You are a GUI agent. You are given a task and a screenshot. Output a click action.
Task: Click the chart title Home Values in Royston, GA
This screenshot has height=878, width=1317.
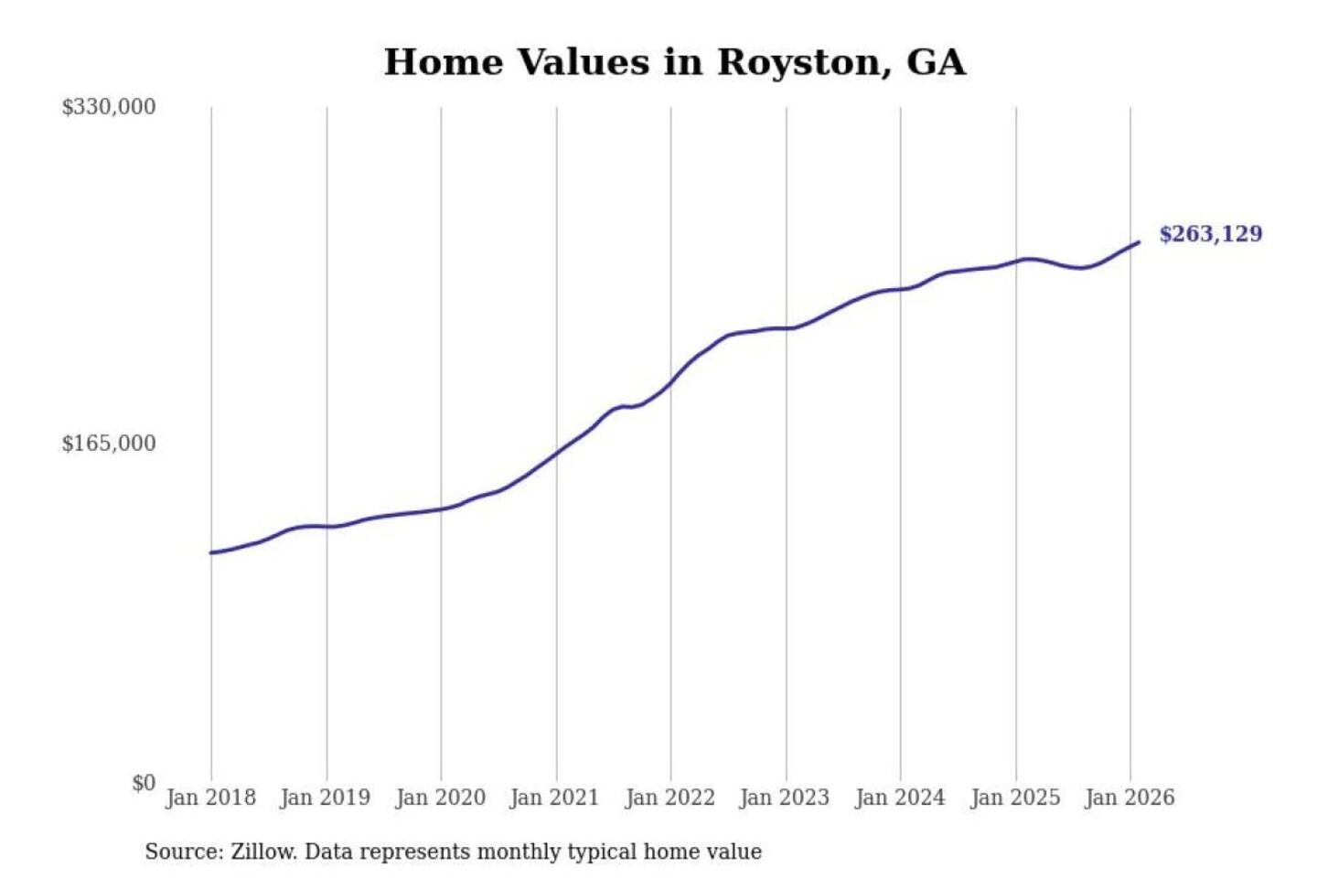pyautogui.click(x=674, y=62)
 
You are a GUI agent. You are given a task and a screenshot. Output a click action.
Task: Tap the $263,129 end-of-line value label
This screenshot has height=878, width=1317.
pyautogui.click(x=1210, y=234)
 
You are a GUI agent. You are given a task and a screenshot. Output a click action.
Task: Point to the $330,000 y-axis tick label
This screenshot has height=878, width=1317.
pyautogui.click(x=109, y=107)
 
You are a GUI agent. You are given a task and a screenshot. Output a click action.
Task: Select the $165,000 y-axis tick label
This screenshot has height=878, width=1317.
pyautogui.click(x=109, y=444)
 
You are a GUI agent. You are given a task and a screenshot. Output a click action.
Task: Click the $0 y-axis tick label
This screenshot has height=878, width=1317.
pyautogui.click(x=144, y=783)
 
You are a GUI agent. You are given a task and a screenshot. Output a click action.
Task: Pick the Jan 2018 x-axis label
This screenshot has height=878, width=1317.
pyautogui.click(x=210, y=798)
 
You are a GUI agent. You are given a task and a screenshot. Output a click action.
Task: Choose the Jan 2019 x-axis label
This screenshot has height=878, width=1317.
pyautogui.click(x=325, y=798)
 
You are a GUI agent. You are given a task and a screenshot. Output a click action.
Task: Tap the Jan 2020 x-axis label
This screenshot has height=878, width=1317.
pyautogui.click(x=440, y=798)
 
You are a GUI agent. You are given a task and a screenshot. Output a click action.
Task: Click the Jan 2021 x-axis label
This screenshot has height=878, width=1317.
pyautogui.click(x=554, y=798)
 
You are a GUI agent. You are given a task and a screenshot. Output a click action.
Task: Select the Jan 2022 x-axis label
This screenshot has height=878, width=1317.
pyautogui.click(x=669, y=798)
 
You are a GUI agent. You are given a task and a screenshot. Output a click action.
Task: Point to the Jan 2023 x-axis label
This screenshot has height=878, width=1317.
pyautogui.click(x=784, y=798)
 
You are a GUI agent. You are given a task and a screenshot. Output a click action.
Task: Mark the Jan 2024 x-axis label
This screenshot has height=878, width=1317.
pyautogui.click(x=899, y=798)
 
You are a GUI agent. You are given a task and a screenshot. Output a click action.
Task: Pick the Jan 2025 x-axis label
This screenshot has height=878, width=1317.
pyautogui.click(x=1014, y=798)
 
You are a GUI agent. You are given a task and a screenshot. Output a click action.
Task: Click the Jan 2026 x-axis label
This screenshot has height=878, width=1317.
pyautogui.click(x=1129, y=798)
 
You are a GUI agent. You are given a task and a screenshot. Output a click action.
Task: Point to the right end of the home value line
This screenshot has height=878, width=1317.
pyautogui.click(x=1138, y=242)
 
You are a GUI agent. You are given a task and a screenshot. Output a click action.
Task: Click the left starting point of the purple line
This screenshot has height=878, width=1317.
pyautogui.click(x=211, y=552)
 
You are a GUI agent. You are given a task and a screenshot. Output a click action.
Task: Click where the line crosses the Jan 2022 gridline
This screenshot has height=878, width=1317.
pyautogui.click(x=670, y=382)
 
